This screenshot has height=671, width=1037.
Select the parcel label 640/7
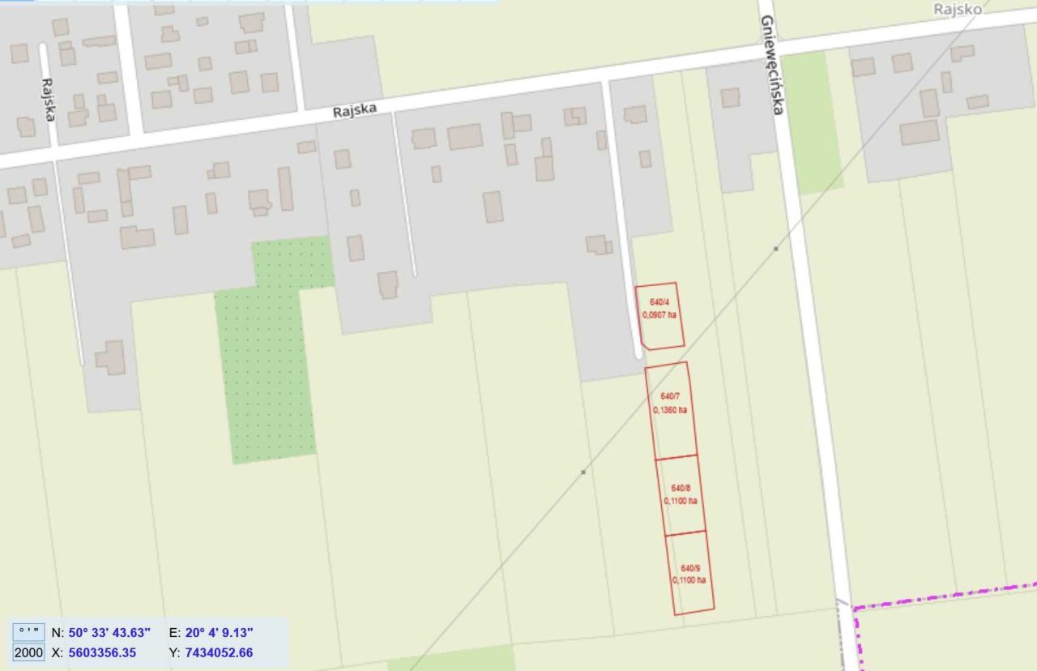(x=670, y=396)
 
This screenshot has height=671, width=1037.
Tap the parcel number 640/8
(x=681, y=488)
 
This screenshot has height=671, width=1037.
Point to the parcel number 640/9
(x=689, y=567)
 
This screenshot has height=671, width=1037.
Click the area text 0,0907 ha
(x=659, y=314)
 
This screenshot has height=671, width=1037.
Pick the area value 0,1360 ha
(x=670, y=409)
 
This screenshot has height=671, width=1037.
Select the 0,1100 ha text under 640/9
(x=689, y=580)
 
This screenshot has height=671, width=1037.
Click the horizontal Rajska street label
(x=355, y=110)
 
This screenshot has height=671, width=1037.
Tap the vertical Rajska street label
(x=47, y=99)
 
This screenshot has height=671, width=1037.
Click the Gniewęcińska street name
(x=772, y=65)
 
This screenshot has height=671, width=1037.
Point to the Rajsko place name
(x=957, y=10)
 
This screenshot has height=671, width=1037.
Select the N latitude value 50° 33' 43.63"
(x=109, y=632)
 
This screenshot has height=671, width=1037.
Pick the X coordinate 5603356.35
(x=102, y=652)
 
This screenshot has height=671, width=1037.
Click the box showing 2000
(x=28, y=652)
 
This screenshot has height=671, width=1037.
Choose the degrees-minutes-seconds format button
(x=28, y=632)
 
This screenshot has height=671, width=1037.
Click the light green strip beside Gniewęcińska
(x=813, y=122)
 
